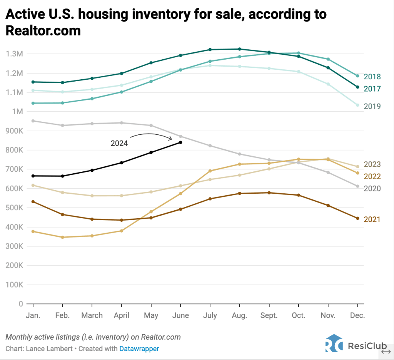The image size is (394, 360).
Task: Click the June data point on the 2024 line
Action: click(180, 142)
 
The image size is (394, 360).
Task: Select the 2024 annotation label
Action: click(119, 143)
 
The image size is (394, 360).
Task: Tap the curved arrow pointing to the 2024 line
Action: click(151, 136)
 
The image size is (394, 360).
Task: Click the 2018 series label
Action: click(372, 77)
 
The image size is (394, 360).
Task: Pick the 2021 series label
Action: click(372, 219)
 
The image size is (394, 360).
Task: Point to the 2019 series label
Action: click(372, 106)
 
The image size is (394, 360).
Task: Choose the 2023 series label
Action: click(372, 164)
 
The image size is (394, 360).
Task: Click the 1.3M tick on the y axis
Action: click(14, 54)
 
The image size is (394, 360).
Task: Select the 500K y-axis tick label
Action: click(14, 208)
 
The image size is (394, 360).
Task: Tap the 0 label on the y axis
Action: click(21, 304)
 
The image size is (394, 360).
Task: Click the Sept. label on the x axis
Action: click(269, 315)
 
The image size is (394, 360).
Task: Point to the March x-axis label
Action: click(92, 315)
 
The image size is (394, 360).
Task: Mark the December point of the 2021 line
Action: click(357, 218)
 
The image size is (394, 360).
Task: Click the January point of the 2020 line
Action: click(33, 121)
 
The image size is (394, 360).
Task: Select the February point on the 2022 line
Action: click(62, 237)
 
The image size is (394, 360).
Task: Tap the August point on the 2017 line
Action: click(239, 49)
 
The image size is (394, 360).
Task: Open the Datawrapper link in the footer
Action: click(139, 348)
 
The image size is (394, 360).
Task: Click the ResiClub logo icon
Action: click(333, 343)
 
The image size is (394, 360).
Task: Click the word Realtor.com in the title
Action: click(43, 30)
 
